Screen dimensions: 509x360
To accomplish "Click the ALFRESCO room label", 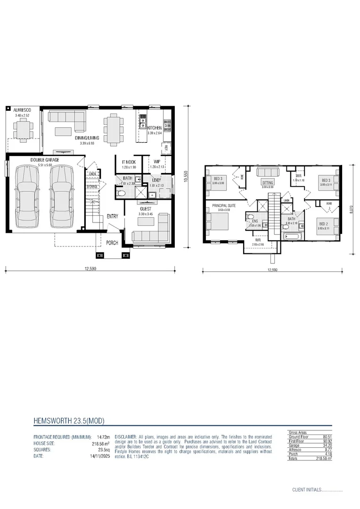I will point(22,109).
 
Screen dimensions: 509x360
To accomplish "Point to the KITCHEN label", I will point(155,128).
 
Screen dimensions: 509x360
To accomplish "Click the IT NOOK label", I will point(129,162).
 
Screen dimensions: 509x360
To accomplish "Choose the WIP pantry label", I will point(156,162).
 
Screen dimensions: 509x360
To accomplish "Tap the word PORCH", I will point(112,243).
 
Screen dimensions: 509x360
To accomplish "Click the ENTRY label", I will point(113,216).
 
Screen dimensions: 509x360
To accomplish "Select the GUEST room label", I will point(146,209).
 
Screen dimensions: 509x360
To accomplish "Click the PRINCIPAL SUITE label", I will point(223,205).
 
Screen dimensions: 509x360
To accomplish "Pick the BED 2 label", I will point(323,224).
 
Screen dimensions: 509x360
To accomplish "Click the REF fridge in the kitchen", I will point(166,147).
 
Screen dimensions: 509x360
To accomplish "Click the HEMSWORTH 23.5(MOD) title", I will point(69,420).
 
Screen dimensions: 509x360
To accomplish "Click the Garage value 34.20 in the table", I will point(326,445).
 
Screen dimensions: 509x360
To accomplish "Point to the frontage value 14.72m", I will point(103,437).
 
